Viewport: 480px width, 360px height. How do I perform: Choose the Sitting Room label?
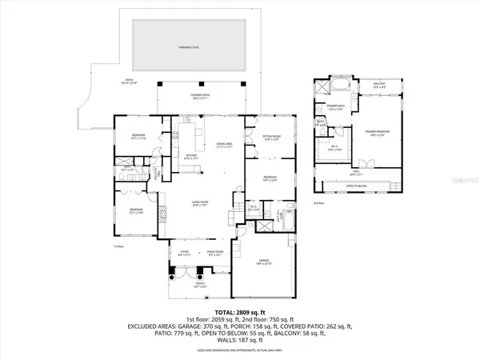tap(270, 139)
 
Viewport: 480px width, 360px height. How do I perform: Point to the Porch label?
tap(189, 285)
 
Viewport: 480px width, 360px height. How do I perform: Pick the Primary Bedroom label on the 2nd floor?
tap(376, 133)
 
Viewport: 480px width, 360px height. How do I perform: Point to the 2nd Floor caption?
tap(320, 204)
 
